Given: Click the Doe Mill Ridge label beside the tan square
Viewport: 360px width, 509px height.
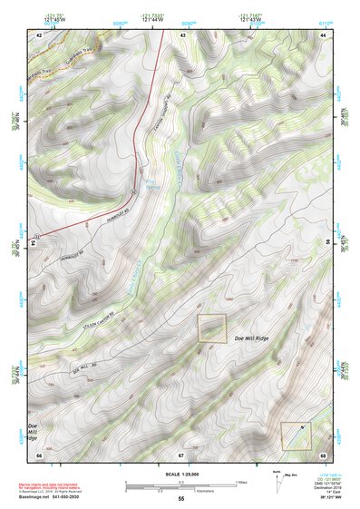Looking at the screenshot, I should [x=253, y=338].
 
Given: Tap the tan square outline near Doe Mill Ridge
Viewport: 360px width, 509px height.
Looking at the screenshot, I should [x=212, y=328].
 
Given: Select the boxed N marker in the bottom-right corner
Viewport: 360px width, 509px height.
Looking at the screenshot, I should [x=295, y=436].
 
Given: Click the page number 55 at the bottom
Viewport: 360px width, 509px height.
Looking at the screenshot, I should [x=180, y=499].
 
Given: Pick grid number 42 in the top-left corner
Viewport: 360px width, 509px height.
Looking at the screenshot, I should [x=39, y=34].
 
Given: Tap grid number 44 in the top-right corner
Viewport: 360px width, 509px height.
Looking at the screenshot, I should [x=323, y=34].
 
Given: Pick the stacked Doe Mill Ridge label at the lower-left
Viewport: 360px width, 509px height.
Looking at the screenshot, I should [x=33, y=431].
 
